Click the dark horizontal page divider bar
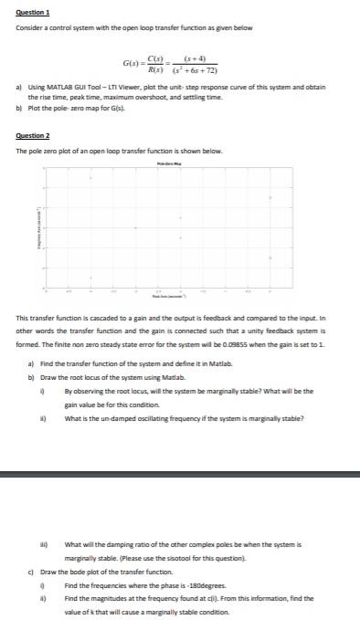click(x=180, y=474)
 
